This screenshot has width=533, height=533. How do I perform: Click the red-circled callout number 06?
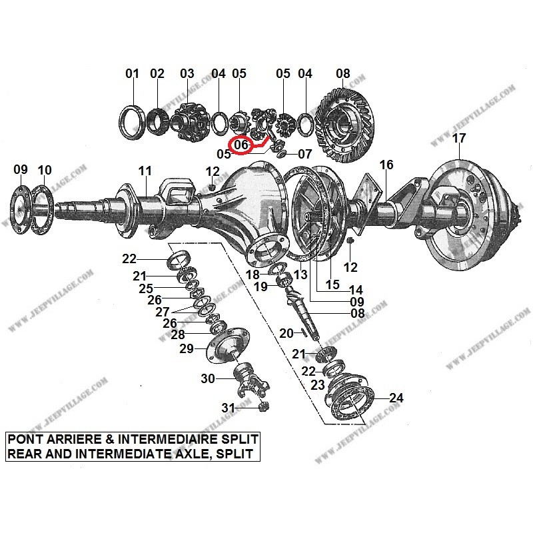pos(241,144)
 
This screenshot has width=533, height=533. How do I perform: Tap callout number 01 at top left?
pos(133,73)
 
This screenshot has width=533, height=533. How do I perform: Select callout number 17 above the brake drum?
pos(459,139)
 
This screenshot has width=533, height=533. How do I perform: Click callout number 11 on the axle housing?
pos(145,171)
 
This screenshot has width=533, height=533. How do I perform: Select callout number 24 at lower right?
pos(396,398)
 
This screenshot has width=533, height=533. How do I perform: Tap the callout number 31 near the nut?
pos(229,407)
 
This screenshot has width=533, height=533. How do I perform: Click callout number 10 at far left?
pos(44,170)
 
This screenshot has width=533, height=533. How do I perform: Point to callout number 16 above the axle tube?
pos(386,165)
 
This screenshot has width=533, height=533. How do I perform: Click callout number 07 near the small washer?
pos(304,154)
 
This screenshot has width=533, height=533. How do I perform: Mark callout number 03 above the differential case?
pos(187,73)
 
